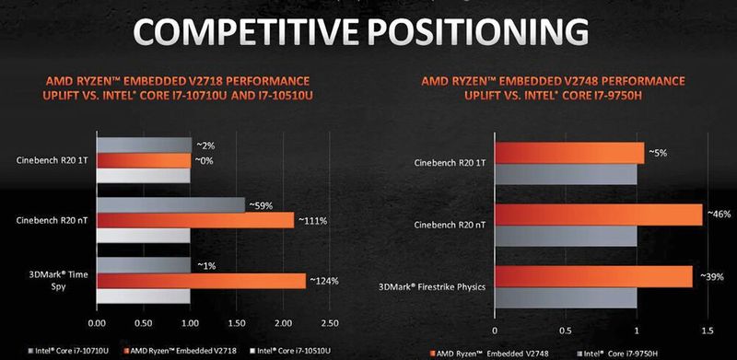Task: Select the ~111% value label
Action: point(314,220)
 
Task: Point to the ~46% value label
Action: point(719,214)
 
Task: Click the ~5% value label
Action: point(659,151)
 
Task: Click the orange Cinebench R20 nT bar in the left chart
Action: point(195,220)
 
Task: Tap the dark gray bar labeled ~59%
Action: point(170,204)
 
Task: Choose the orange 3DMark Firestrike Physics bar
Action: point(593,276)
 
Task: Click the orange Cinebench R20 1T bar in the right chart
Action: point(568,153)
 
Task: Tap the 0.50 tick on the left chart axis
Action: point(143,322)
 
